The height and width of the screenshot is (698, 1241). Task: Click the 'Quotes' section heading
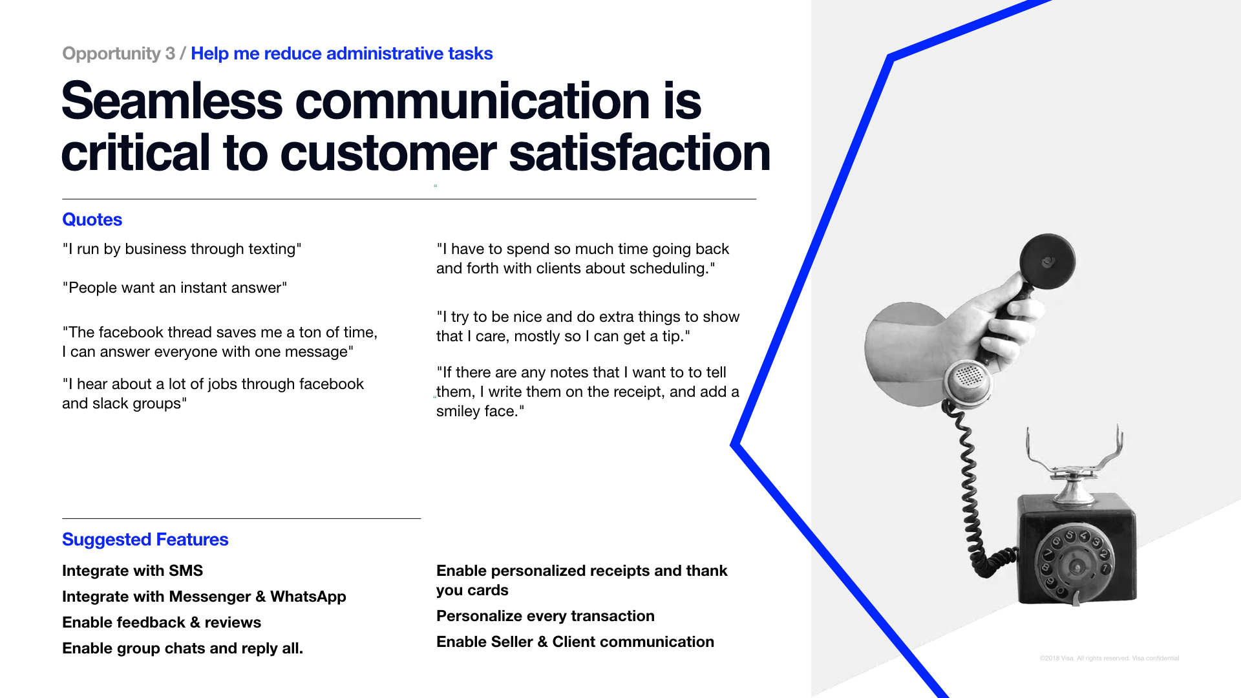(92, 220)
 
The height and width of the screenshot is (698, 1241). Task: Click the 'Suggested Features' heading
(145, 540)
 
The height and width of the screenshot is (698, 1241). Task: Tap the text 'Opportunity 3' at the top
(118, 54)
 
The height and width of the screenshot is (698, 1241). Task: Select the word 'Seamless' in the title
(172, 101)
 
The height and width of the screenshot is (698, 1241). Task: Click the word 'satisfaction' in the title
(640, 153)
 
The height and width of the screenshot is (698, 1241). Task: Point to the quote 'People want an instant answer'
(175, 288)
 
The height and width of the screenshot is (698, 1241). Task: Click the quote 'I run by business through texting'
(182, 249)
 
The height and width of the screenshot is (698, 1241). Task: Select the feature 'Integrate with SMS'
(133, 571)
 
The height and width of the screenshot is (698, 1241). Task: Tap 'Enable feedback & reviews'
(162, 622)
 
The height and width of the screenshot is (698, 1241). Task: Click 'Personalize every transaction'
(545, 616)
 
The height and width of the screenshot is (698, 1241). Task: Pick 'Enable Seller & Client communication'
(575, 642)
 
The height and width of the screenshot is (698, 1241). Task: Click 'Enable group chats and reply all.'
(182, 648)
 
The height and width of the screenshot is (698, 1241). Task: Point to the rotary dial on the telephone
(1075, 564)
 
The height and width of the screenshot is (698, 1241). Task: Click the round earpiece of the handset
(1047, 262)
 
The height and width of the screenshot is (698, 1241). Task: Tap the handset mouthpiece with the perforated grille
(968, 381)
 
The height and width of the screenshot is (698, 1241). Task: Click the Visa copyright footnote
(1109, 658)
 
